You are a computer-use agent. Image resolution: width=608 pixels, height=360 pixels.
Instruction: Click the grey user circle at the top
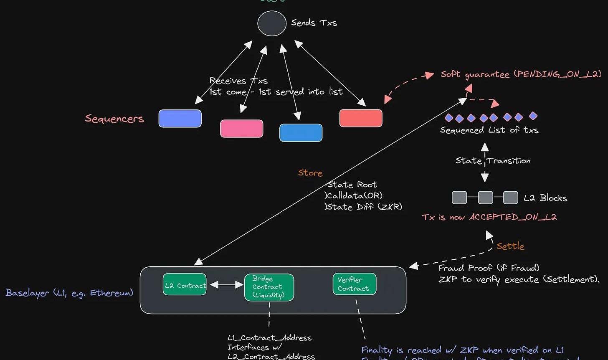(x=272, y=23)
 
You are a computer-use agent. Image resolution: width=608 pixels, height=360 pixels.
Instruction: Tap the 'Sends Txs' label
(x=314, y=23)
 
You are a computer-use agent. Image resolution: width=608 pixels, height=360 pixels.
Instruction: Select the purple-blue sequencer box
(x=180, y=118)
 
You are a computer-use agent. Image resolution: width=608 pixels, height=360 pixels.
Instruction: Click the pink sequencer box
(x=242, y=128)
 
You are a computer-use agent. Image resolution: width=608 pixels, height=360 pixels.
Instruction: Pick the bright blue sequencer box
(x=301, y=133)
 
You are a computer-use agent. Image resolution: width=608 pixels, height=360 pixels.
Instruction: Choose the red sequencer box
(x=361, y=118)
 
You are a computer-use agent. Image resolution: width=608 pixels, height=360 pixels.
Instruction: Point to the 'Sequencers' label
(x=114, y=119)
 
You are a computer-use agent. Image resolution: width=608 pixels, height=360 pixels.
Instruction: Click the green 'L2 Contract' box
(x=185, y=285)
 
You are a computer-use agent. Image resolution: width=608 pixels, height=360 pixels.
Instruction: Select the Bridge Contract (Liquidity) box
(x=269, y=287)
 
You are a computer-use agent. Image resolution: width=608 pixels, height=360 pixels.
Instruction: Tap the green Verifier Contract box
(x=354, y=284)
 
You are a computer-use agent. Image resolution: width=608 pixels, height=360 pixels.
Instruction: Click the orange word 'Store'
(x=310, y=173)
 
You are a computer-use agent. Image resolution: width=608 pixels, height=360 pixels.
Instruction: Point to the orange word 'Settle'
(x=510, y=246)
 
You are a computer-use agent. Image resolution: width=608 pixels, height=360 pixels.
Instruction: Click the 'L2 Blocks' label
(x=545, y=198)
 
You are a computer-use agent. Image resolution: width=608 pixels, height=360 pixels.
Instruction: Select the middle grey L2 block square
(x=485, y=198)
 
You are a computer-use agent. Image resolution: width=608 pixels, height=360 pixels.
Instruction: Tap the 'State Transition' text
(x=493, y=161)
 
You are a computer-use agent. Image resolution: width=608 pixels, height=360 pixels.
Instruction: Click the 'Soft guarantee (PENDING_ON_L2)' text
(x=521, y=74)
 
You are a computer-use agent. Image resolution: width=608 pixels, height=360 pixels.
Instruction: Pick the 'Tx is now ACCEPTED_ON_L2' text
(x=489, y=217)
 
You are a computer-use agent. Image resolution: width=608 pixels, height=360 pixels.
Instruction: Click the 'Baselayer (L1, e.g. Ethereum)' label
(x=69, y=292)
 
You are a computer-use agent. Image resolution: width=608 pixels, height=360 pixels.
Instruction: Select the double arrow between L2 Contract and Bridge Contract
(x=226, y=285)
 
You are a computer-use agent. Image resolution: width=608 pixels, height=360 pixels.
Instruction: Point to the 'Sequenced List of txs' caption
(x=489, y=130)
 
